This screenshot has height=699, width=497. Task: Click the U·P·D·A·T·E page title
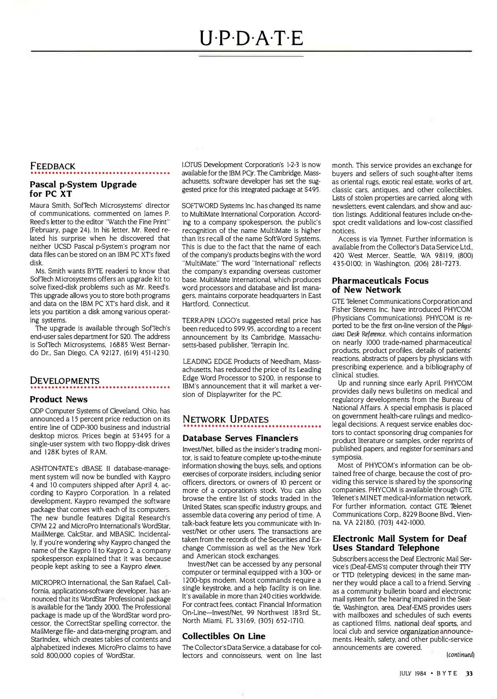[251, 38]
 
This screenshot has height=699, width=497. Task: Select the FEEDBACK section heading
[52, 166]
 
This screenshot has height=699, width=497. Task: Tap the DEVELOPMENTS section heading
[65, 381]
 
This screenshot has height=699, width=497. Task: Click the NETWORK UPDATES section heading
[226, 419]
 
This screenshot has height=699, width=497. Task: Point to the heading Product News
[59, 399]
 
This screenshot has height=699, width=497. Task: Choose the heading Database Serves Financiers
[240, 438]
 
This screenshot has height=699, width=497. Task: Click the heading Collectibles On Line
[224, 636]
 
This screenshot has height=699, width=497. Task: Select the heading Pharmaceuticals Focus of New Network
[380, 285]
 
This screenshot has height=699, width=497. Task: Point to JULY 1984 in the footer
[413, 674]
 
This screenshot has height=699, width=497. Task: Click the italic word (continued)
[460, 655]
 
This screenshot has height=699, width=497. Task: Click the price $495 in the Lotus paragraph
[312, 190]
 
